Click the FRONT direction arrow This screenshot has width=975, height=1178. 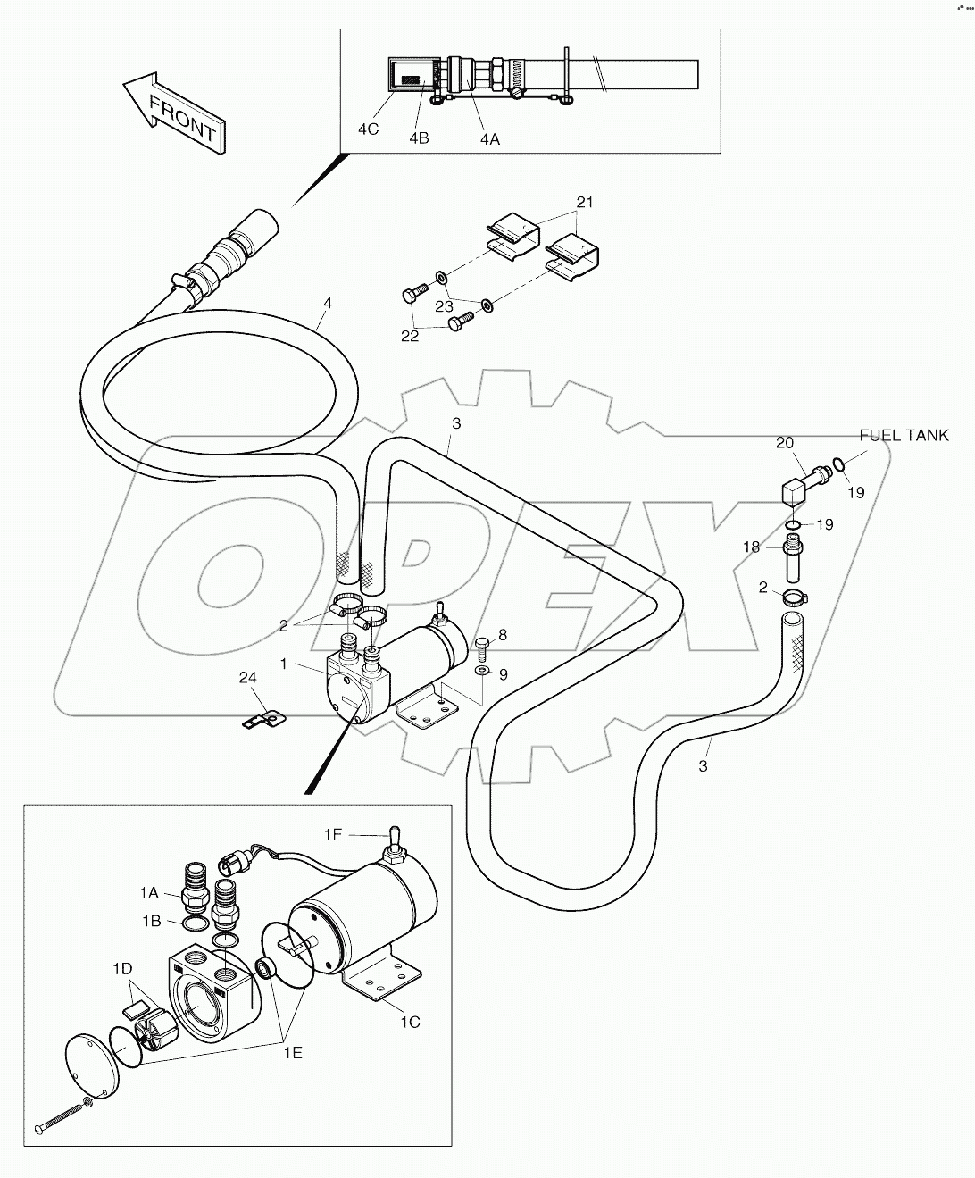click(175, 116)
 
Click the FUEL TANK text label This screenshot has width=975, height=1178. click(904, 435)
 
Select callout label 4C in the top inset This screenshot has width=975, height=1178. click(368, 129)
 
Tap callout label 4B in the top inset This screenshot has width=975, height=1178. click(419, 138)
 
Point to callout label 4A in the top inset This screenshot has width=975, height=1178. click(489, 138)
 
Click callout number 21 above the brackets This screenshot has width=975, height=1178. click(584, 203)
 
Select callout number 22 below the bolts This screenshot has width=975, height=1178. click(409, 337)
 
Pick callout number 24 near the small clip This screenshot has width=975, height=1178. click(248, 679)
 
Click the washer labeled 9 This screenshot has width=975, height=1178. click(482, 669)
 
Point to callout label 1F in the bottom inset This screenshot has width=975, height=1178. click(333, 834)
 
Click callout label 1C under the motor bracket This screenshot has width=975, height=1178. click(409, 1022)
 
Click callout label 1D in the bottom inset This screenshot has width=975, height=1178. click(123, 968)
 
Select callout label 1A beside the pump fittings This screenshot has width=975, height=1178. click(148, 891)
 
